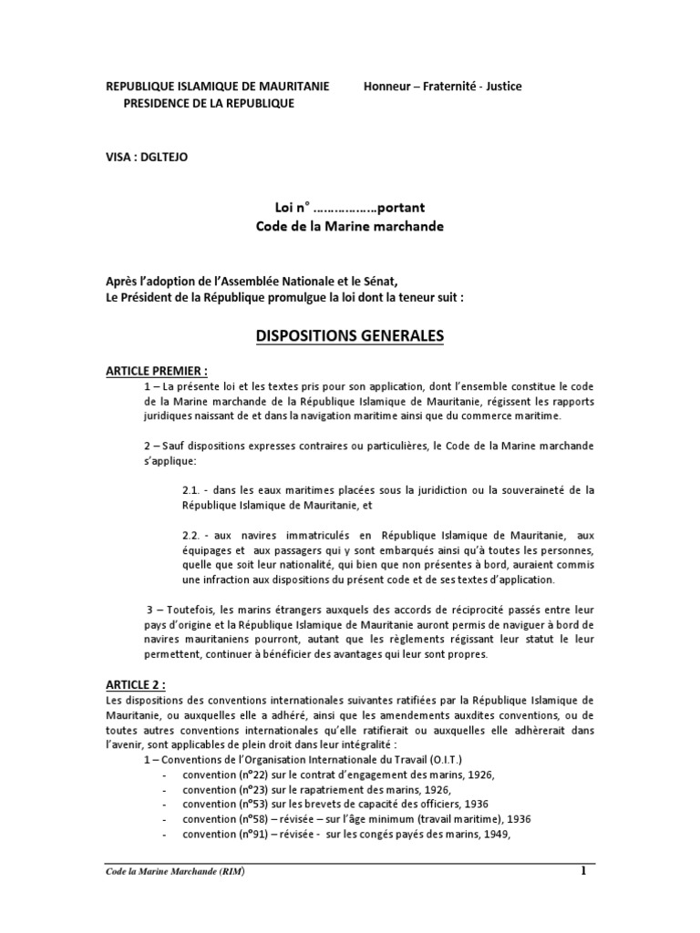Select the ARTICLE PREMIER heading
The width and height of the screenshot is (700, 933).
[x=158, y=371]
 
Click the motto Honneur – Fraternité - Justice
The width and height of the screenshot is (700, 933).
[x=443, y=87]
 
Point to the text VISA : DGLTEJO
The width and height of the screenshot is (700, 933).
[x=148, y=156]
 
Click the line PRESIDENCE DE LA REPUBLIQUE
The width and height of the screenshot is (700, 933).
[x=209, y=104]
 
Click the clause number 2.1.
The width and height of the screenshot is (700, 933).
[x=194, y=490]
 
